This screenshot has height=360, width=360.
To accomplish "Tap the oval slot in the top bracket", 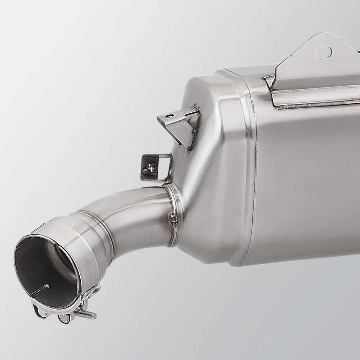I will (323, 53).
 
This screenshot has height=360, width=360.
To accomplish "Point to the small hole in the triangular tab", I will (171, 116).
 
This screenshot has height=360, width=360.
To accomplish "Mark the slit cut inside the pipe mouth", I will (40, 290).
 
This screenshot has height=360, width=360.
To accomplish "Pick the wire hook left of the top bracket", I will (268, 81).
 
